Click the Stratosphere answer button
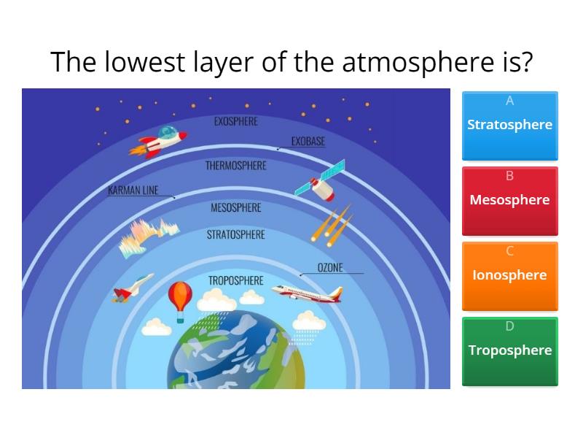click(509, 126)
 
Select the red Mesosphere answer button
click(509, 201)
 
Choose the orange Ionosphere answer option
click(509, 276)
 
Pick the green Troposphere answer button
click(509, 351)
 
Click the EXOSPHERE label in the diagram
click(235, 121)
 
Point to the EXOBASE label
click(308, 142)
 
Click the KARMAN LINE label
click(133, 191)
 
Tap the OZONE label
click(330, 268)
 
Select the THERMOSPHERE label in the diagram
click(235, 166)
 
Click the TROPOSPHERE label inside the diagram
click(235, 280)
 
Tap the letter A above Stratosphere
click(509, 101)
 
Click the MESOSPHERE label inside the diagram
click(235, 208)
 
